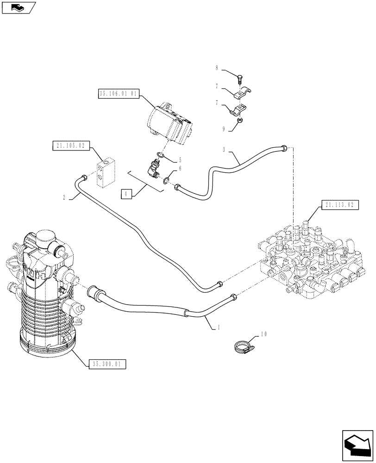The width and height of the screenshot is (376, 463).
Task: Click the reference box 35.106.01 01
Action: pyautogui.click(x=119, y=93)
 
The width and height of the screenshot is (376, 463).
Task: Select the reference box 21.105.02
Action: pyautogui.click(x=71, y=146)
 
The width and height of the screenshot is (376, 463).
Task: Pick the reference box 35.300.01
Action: pyautogui.click(x=106, y=364)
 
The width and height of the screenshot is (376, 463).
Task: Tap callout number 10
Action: pyautogui.click(x=264, y=334)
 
